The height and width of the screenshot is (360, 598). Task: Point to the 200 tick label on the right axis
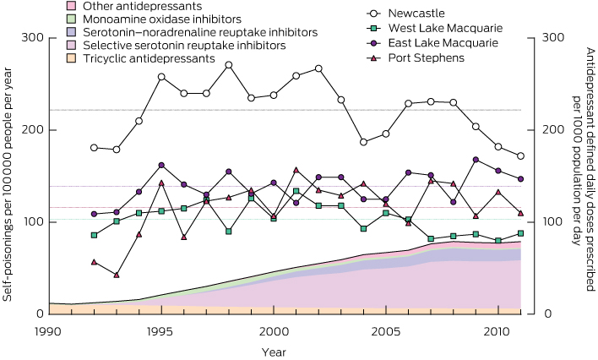[552, 129]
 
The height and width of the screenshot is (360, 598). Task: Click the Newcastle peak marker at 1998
[229, 65]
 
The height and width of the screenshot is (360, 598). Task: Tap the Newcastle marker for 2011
[519, 156]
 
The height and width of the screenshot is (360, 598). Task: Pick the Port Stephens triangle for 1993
[117, 275]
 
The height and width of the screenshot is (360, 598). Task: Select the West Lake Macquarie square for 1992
[95, 235]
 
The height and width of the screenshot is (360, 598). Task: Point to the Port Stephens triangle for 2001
[296, 170]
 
